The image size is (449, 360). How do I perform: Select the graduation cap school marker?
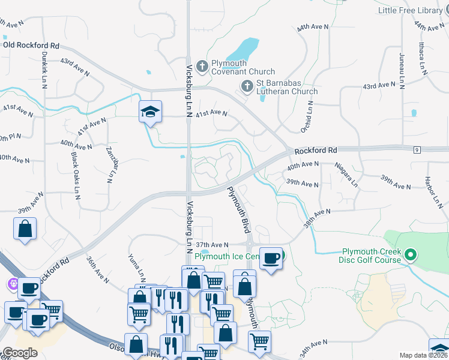pos(150,112)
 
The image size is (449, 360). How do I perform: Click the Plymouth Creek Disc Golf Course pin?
pos(411,256)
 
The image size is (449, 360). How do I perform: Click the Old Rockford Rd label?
pos(31,45)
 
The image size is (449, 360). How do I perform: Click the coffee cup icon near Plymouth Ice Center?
pos(271,257)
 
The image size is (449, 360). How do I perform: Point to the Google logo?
pos(20,352)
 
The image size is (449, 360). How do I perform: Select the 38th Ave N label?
pos(318,217)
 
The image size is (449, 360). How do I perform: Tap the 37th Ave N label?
pos(212,245)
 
